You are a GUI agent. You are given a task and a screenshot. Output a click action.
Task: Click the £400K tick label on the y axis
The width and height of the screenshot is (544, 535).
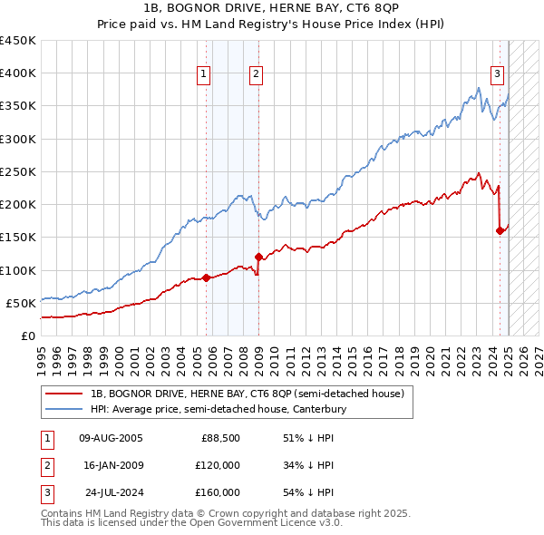(18, 73)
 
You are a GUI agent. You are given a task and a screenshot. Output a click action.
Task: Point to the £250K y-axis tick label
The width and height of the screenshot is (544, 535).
(18, 171)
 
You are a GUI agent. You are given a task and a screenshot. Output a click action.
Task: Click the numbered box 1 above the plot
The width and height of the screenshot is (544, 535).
(204, 74)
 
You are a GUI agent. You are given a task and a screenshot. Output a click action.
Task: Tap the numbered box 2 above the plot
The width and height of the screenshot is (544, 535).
(257, 74)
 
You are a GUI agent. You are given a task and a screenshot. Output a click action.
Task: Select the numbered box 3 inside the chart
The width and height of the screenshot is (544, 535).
(498, 74)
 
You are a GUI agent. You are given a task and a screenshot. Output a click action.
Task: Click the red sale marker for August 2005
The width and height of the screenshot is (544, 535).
(206, 277)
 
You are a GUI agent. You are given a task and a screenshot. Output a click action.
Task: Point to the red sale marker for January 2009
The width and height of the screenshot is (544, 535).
(259, 257)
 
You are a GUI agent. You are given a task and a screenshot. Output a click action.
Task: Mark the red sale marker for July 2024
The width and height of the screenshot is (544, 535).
(500, 230)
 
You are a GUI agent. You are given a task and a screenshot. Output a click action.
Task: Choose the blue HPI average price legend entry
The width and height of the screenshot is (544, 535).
(218, 409)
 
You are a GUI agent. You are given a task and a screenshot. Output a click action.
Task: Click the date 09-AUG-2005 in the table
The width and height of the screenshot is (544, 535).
(112, 438)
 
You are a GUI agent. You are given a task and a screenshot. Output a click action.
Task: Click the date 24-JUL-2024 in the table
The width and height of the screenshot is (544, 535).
(112, 492)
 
